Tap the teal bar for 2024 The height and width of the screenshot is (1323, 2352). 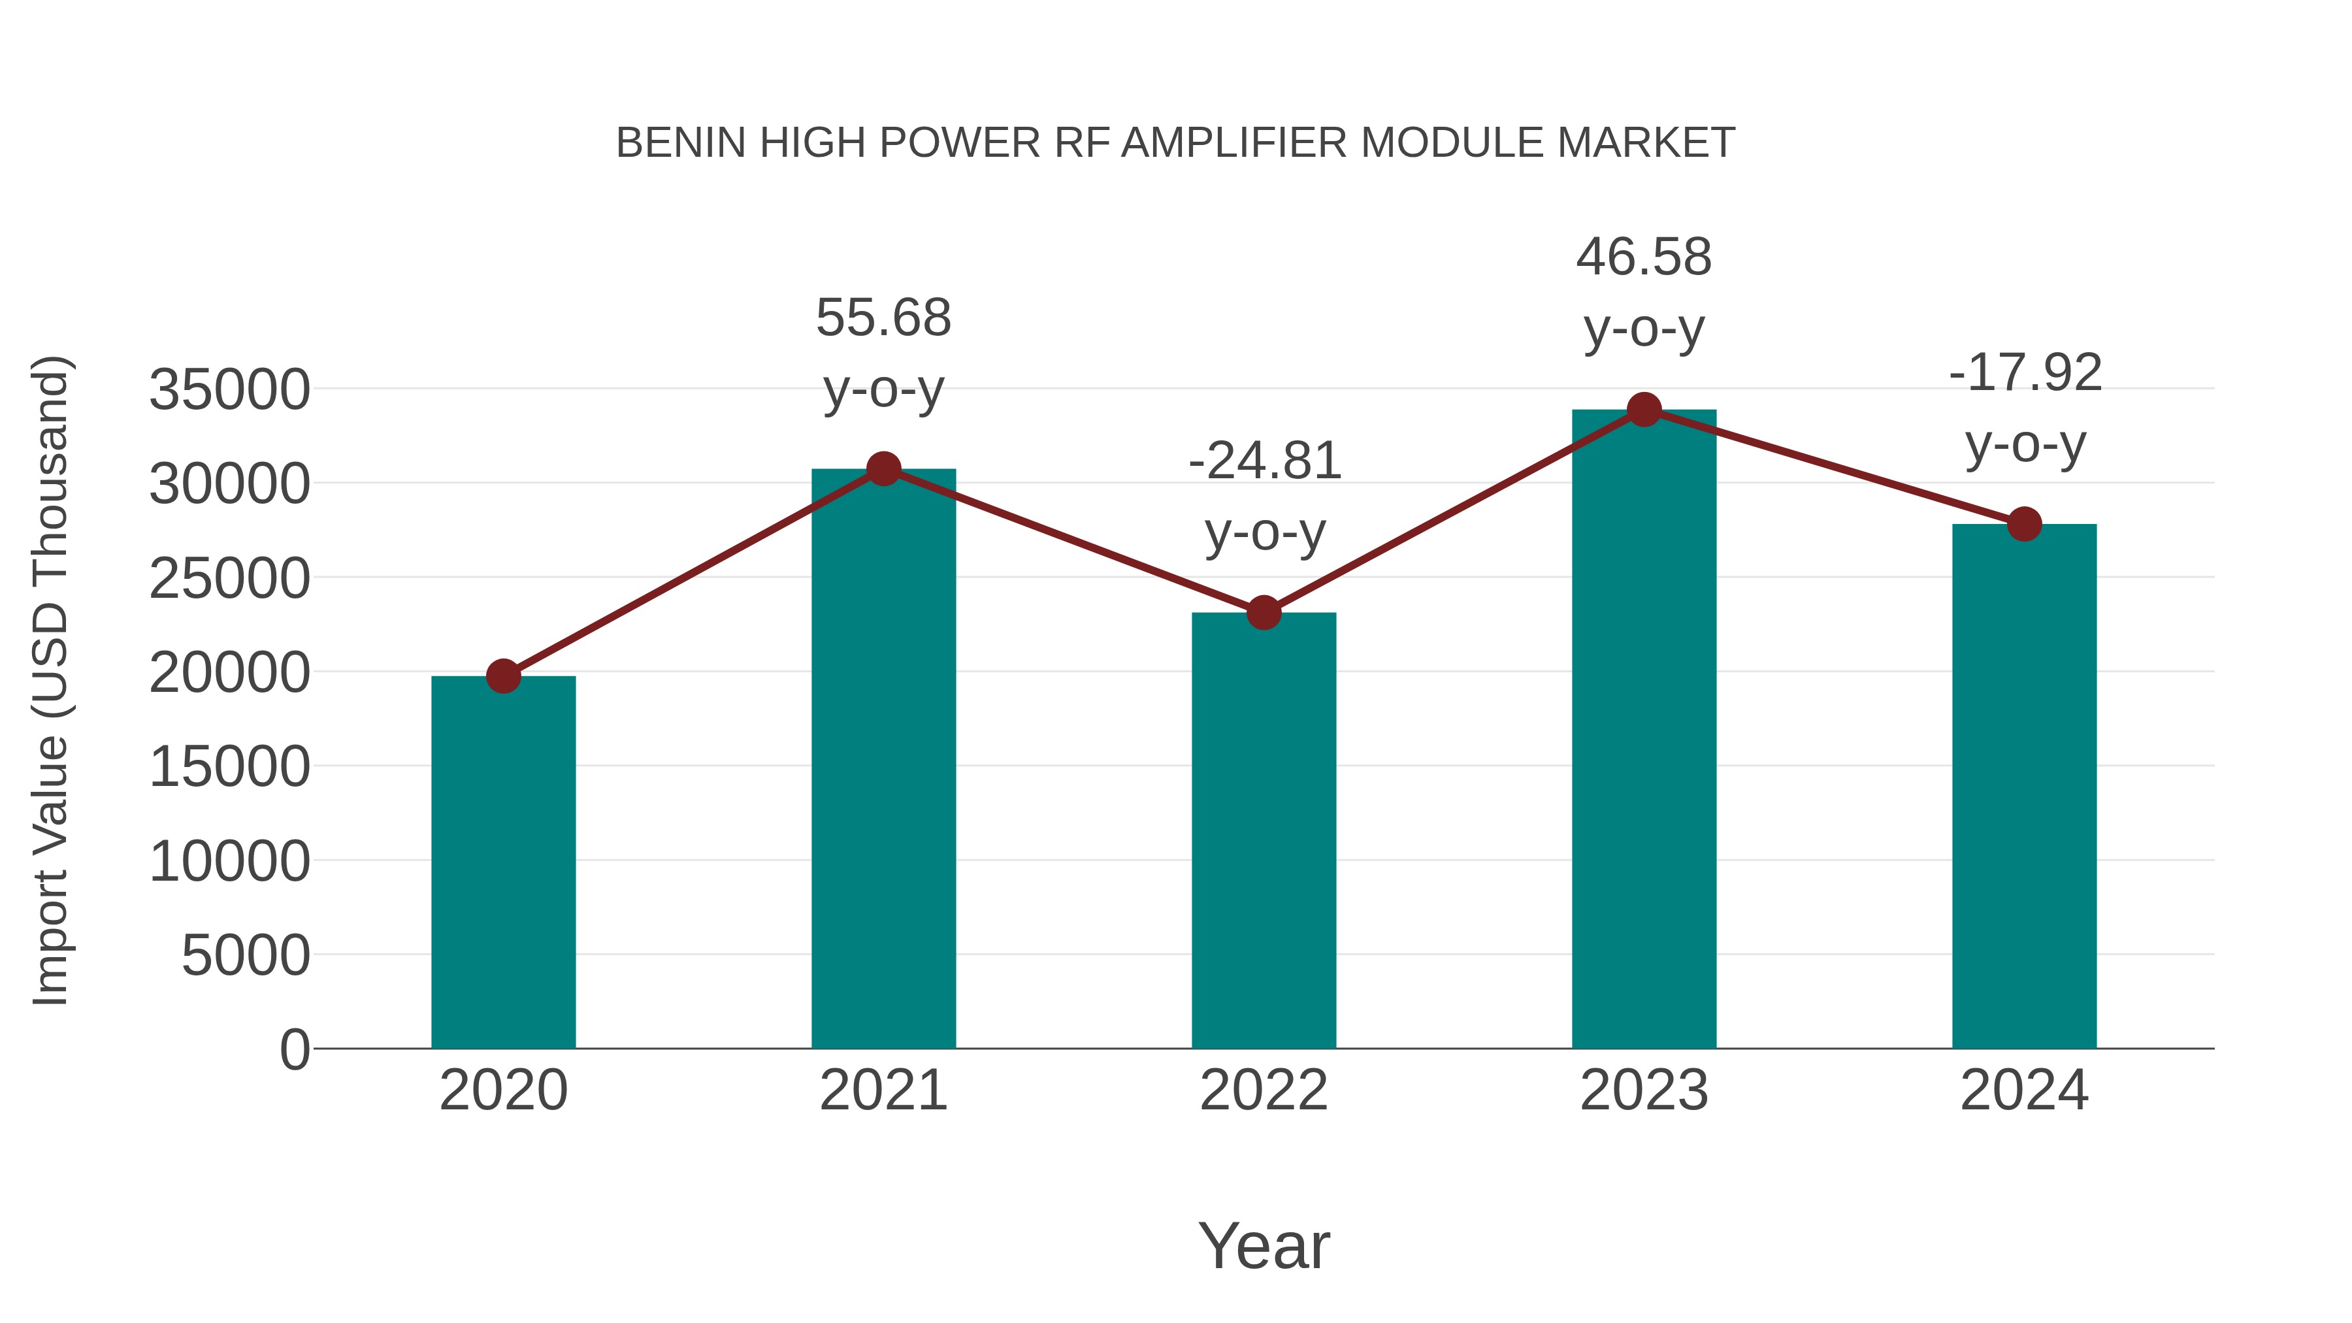pos(2024,786)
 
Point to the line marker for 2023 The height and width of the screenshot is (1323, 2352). pos(1644,410)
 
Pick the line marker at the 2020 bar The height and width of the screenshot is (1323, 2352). pos(503,677)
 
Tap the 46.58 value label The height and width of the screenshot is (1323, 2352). pos(1644,257)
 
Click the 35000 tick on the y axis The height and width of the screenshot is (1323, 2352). pos(229,390)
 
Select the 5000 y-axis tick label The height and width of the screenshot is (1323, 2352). pos(246,956)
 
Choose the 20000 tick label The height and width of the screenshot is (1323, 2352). pos(229,673)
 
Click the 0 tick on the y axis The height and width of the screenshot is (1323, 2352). pos(295,1050)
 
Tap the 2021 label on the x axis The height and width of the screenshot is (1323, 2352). pos(883,1090)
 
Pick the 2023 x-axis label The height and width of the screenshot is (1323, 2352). pos(1644,1090)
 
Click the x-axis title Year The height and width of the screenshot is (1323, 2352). pos(1264,1245)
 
